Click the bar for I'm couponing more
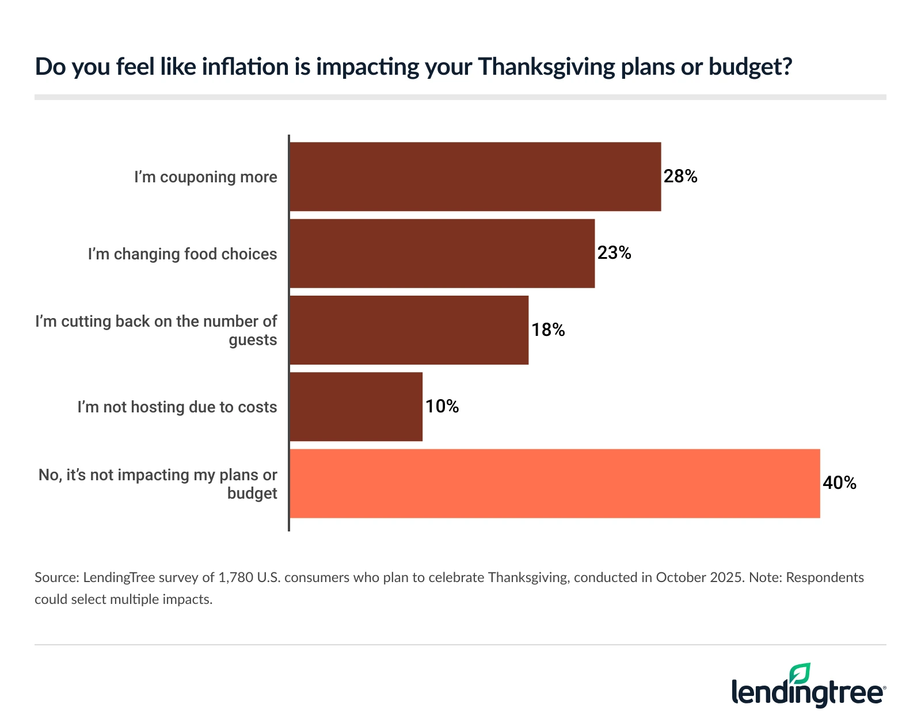tap(475, 177)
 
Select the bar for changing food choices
tap(442, 253)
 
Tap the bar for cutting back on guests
tap(409, 330)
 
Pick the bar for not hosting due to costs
tap(356, 407)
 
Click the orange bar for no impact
tap(554, 483)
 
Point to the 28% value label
tap(680, 177)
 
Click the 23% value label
tap(614, 253)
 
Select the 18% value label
tap(548, 330)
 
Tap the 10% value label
tap(442, 407)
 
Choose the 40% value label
tap(839, 483)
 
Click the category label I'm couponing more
tap(205, 177)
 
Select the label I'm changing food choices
tap(182, 254)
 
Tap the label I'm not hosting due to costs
tap(177, 407)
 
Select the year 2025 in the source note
tap(727, 577)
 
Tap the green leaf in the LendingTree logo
tap(800, 673)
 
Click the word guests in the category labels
tap(253, 340)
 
